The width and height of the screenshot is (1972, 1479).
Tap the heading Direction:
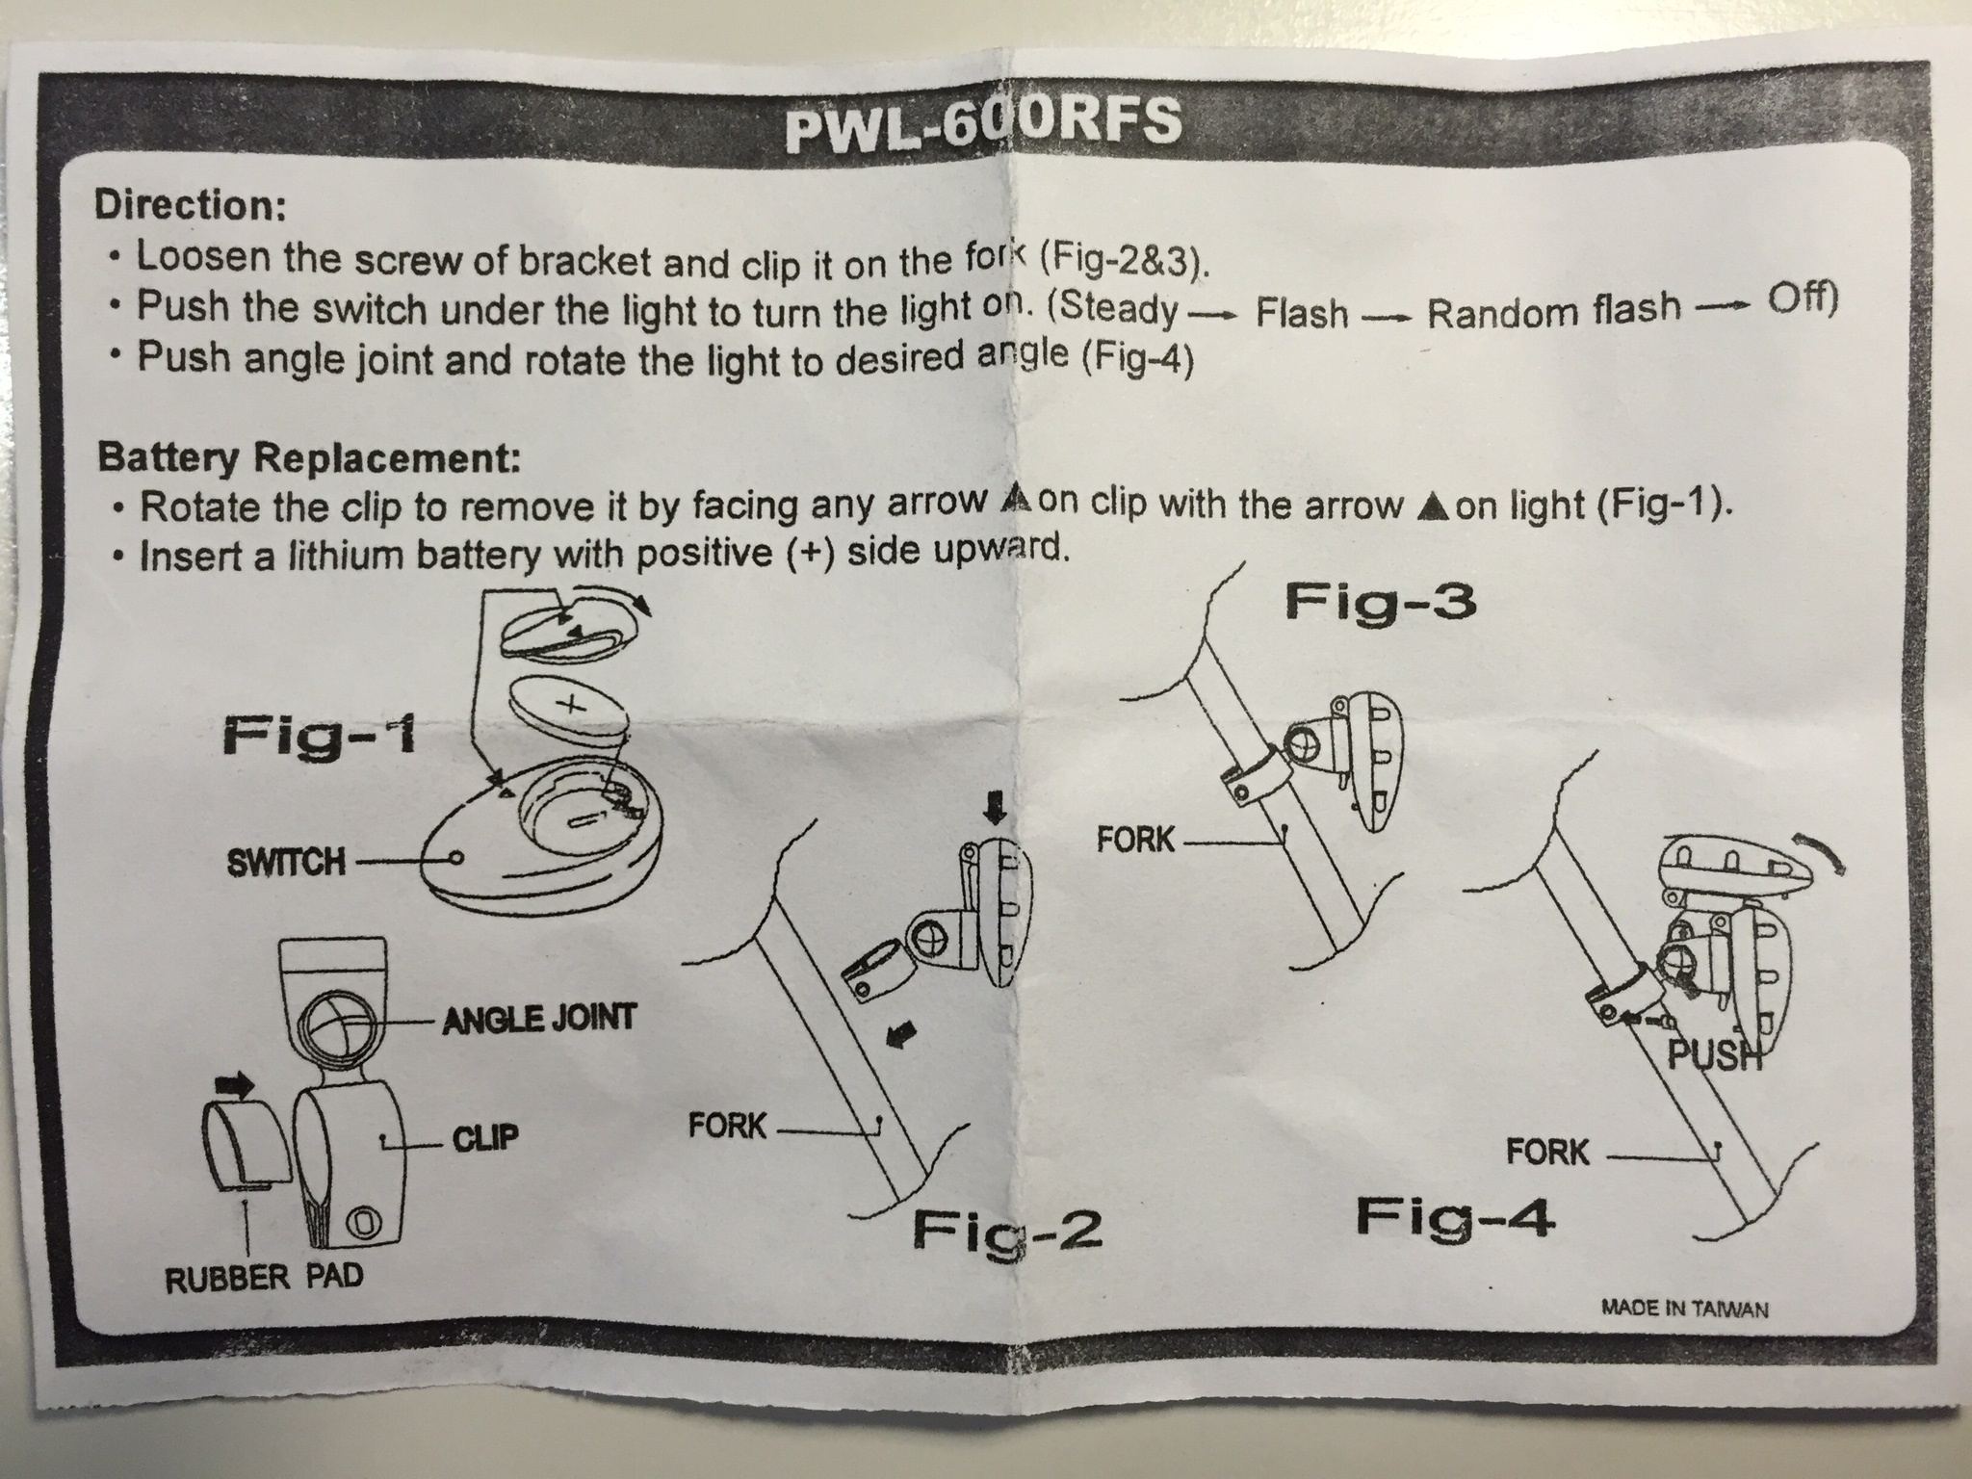[x=188, y=205]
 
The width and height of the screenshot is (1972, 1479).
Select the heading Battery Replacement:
[x=308, y=456]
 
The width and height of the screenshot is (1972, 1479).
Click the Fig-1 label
[x=319, y=738]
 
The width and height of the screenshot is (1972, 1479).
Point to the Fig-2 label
[x=1005, y=1230]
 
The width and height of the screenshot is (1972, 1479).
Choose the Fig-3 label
[x=1380, y=604]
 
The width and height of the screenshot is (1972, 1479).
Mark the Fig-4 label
[x=1454, y=1219]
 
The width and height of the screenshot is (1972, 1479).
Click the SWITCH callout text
[x=285, y=861]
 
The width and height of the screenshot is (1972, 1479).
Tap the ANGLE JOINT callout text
[x=539, y=1018]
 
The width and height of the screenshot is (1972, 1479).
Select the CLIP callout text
[x=485, y=1139]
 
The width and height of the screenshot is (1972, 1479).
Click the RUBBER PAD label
[x=264, y=1278]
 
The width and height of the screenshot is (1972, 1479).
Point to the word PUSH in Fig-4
[x=1715, y=1057]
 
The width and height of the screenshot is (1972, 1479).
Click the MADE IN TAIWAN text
[x=1684, y=1310]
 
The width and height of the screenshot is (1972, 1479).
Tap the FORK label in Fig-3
[x=1135, y=841]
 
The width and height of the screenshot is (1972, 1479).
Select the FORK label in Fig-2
[x=727, y=1125]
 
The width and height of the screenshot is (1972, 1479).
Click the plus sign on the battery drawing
[x=571, y=704]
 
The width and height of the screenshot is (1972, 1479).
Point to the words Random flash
[x=1553, y=309]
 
